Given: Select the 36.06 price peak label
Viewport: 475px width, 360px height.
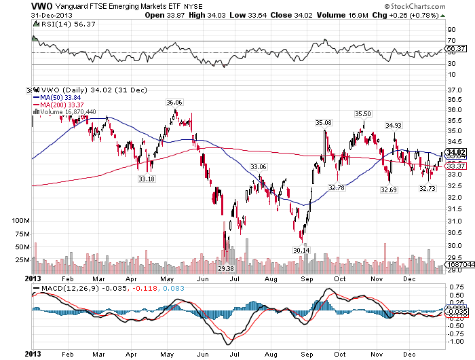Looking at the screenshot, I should tap(175, 102).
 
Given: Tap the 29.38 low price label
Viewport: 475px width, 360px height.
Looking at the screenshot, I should tap(225, 269).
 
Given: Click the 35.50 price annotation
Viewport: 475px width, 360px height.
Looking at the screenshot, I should tap(362, 113).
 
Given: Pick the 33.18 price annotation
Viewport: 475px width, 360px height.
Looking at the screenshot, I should tap(146, 179).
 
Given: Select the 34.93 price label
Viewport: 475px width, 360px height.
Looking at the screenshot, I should tap(394, 125).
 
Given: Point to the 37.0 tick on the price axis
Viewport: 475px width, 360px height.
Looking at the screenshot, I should tap(455, 90).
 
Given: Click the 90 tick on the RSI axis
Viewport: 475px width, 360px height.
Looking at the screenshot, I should tap(451, 31).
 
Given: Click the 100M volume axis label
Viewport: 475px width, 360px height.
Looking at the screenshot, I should tap(20, 221).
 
